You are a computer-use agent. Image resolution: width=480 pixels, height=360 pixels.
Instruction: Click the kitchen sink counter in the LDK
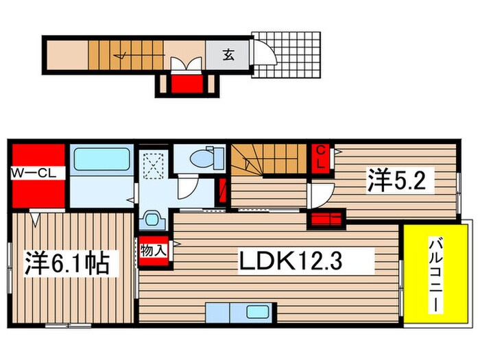pyautogui.click(x=238, y=312)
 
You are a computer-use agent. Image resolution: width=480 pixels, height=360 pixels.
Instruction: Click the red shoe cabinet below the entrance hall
pyautogui.click(x=184, y=85)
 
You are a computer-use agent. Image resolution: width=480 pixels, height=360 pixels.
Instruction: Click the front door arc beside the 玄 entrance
pyautogui.click(x=262, y=51)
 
